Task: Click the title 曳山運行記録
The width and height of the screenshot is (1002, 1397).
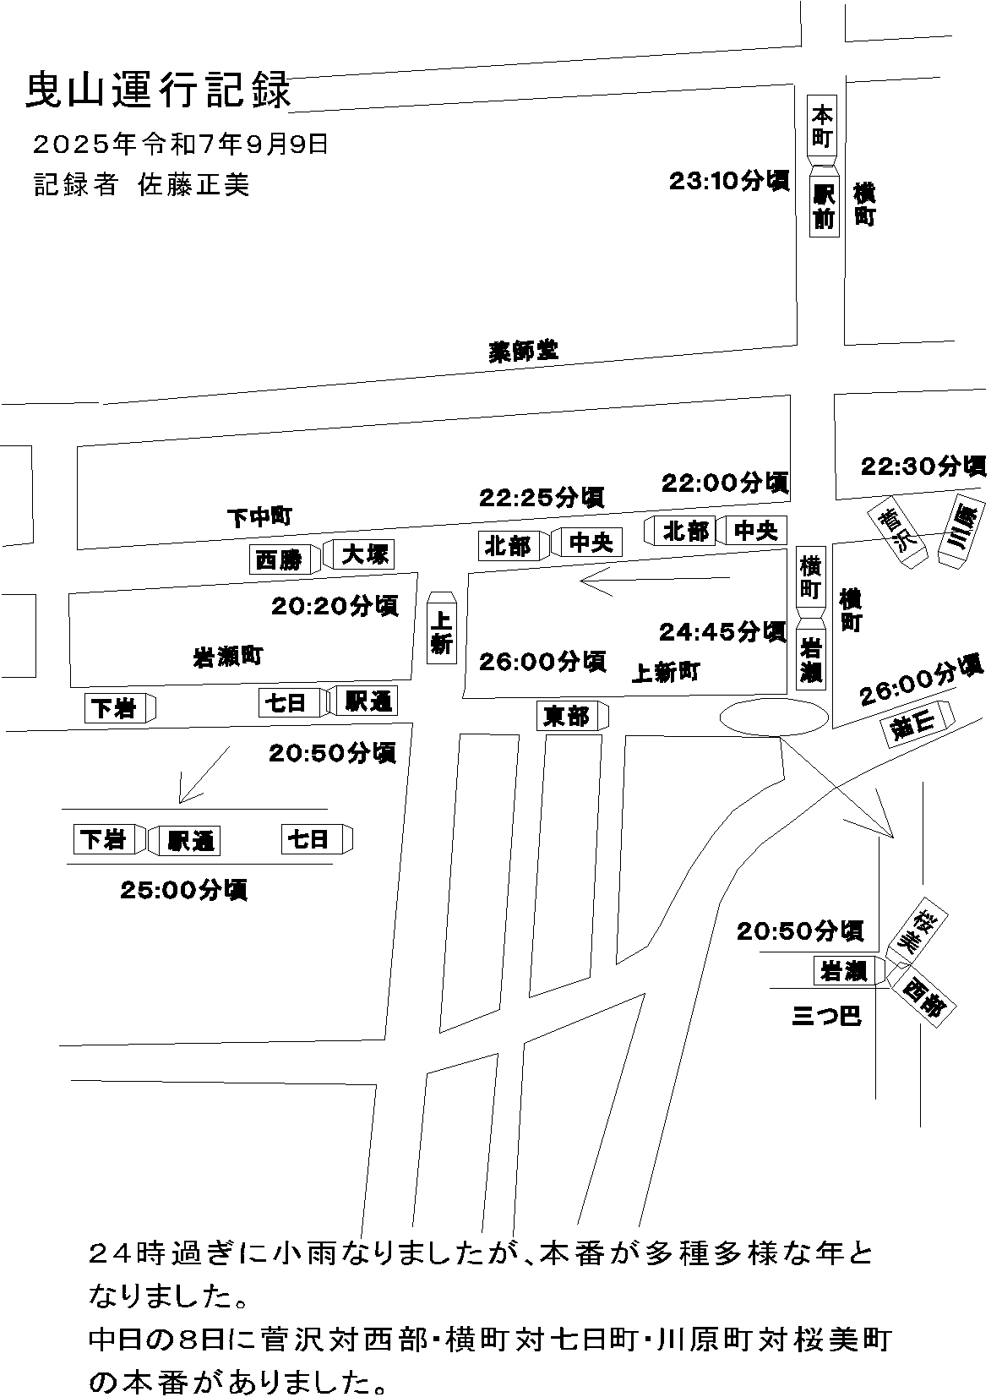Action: tap(158, 91)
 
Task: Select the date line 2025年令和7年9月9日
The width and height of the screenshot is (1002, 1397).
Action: tap(180, 145)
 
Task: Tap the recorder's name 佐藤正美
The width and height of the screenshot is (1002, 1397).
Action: tap(194, 185)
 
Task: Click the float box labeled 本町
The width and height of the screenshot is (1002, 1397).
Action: tap(822, 126)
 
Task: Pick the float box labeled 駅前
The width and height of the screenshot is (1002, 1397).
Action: tap(824, 206)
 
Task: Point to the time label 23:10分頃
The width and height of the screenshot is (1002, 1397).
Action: tap(728, 181)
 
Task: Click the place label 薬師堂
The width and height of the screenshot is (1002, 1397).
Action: tap(524, 351)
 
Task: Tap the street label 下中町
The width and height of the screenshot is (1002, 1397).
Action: tap(259, 516)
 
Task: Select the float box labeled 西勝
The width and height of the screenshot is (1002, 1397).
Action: tap(280, 559)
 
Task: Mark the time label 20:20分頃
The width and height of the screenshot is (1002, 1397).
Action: tap(335, 606)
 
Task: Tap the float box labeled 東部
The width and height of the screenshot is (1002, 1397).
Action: tap(567, 717)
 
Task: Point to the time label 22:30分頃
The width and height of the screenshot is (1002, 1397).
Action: tap(923, 466)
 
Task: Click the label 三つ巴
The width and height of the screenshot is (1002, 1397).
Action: tap(826, 1015)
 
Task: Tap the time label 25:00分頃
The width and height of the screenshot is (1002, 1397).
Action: tap(183, 890)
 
